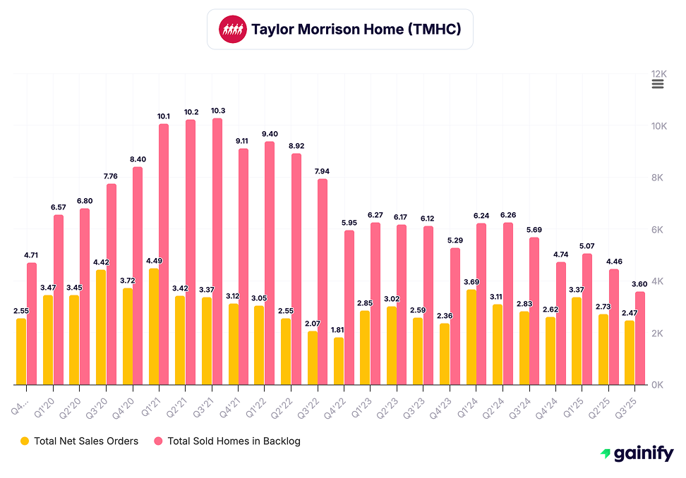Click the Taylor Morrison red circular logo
233,30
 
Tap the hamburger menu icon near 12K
658,84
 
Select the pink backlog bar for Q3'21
217,252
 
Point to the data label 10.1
164,116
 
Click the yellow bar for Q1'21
154,326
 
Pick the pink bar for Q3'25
640,338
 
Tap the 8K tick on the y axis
659,178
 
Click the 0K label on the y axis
659,385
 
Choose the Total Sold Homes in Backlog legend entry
227,441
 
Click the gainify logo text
642,454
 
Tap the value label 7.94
323,171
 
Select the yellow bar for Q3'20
101,327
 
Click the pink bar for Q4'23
455,316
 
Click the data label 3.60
640,284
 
